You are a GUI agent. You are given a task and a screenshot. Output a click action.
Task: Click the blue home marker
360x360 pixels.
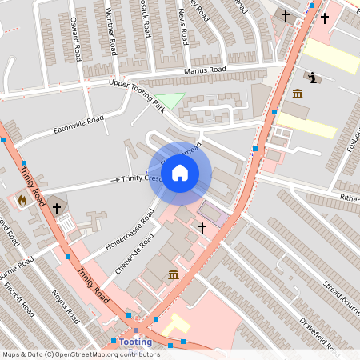(180, 173)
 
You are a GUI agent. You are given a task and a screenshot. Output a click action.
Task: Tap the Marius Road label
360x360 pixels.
(205, 70)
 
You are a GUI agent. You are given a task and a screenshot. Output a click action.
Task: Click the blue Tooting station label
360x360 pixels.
(136, 342)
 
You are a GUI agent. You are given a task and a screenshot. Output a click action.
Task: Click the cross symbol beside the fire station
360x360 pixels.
(57, 208)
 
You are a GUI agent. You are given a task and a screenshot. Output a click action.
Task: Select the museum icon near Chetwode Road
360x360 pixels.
(174, 275)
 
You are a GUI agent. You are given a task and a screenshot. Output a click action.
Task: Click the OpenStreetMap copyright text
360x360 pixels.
(80, 354)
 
